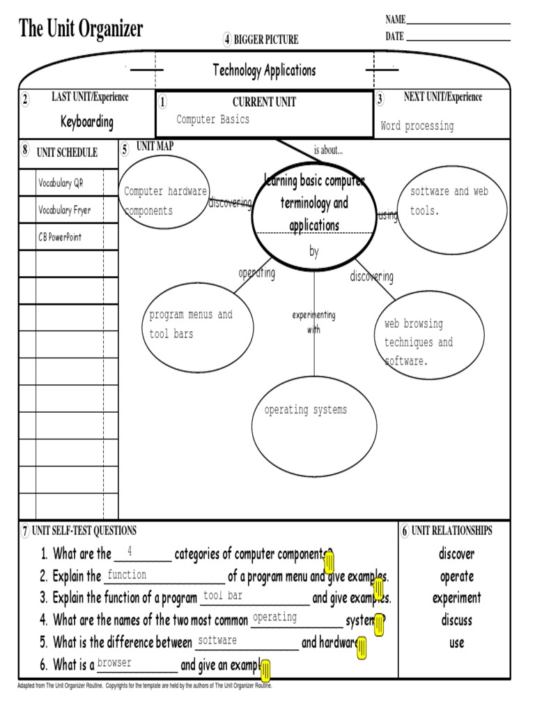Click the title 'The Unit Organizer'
click(82, 29)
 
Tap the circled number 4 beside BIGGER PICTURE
click(227, 40)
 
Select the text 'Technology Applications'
click(264, 70)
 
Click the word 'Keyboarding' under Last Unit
click(87, 122)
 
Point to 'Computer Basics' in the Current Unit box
click(212, 119)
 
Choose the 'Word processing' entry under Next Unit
click(417, 126)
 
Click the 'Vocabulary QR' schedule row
click(61, 183)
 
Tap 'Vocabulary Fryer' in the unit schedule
click(65, 210)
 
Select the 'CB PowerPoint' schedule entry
click(60, 237)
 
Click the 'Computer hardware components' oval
click(165, 201)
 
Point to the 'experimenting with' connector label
click(313, 322)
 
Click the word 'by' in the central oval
click(313, 252)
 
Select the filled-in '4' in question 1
click(130, 552)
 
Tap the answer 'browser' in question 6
click(114, 663)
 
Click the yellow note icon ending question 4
click(379, 625)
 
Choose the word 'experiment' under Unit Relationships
click(456, 598)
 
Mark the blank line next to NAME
click(458, 24)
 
